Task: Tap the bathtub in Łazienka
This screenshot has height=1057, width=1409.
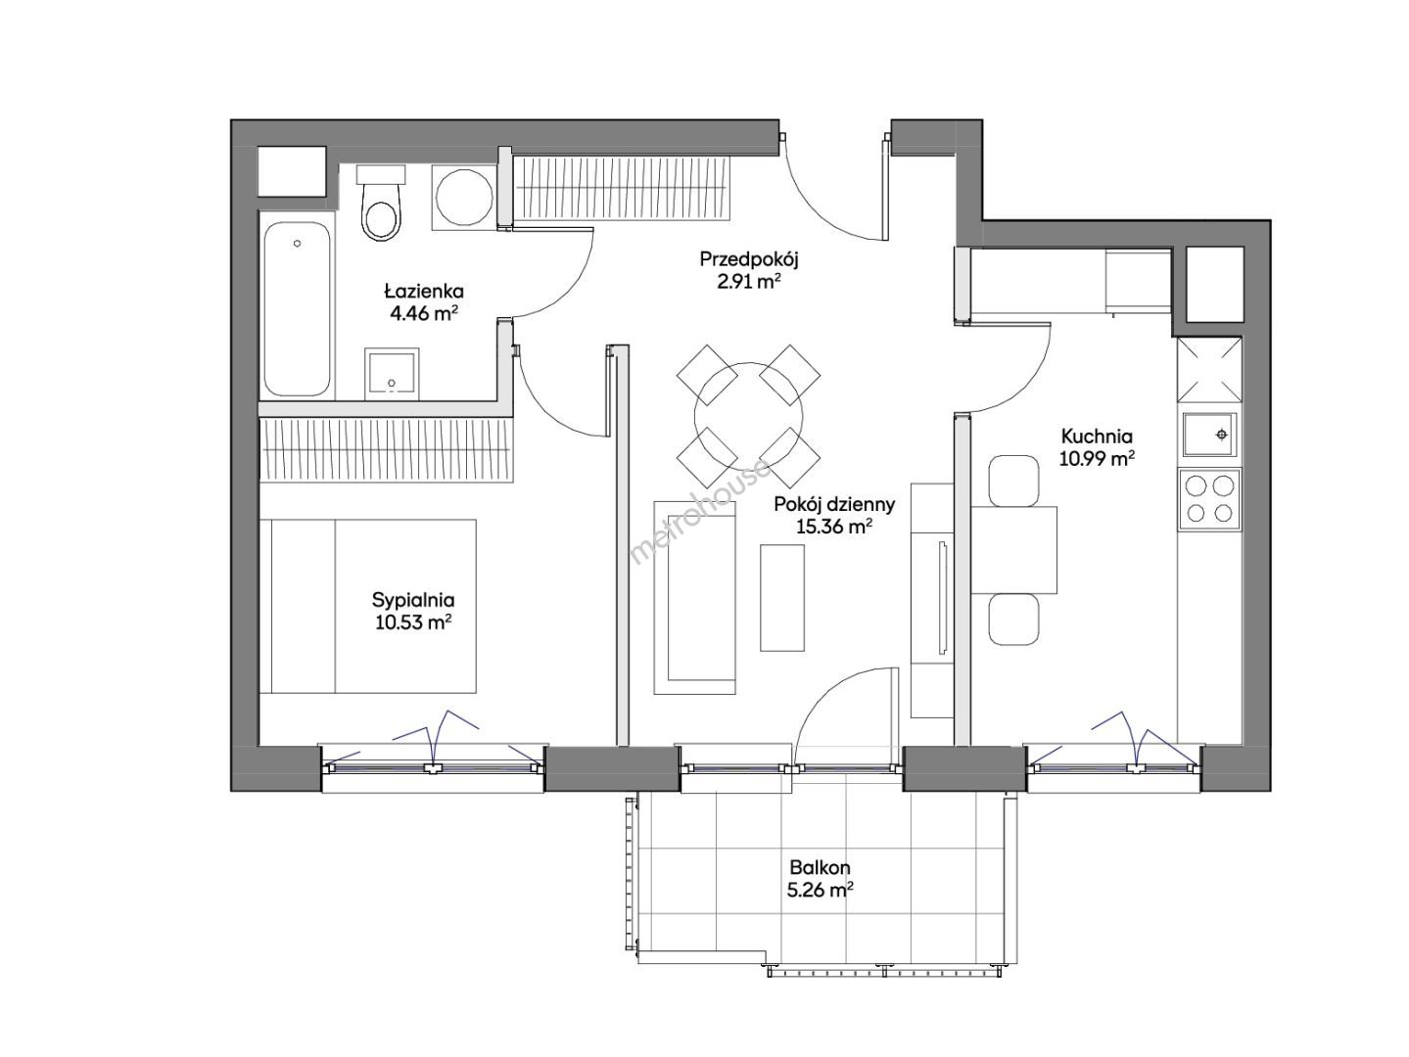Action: point(297,308)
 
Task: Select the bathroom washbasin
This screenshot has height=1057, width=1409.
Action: point(392,373)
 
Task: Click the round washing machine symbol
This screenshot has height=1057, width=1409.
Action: point(464,197)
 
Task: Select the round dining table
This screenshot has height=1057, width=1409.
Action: point(748,416)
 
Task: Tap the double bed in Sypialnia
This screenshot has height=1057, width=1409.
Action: point(368,606)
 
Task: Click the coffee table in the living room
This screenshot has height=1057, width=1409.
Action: point(781,598)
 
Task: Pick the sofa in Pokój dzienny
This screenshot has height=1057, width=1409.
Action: point(694,597)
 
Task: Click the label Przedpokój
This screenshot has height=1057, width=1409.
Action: point(748,259)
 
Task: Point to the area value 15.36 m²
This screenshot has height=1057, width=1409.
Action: point(834,528)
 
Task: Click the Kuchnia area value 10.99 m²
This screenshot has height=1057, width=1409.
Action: point(1096,459)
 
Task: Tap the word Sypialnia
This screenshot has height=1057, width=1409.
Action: point(413,600)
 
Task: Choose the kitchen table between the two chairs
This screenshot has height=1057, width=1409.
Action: point(1013,549)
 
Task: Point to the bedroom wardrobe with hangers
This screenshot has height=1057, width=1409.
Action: point(387,449)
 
